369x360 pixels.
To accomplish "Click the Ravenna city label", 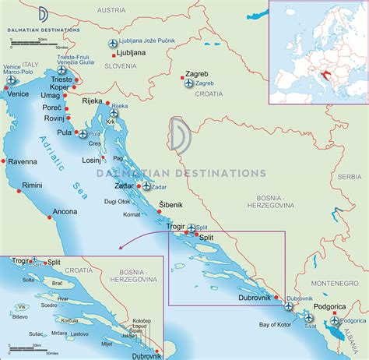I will (x=23, y=162).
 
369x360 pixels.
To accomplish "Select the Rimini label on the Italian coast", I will (x=33, y=186).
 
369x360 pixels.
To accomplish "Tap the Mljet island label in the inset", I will (x=107, y=343).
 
